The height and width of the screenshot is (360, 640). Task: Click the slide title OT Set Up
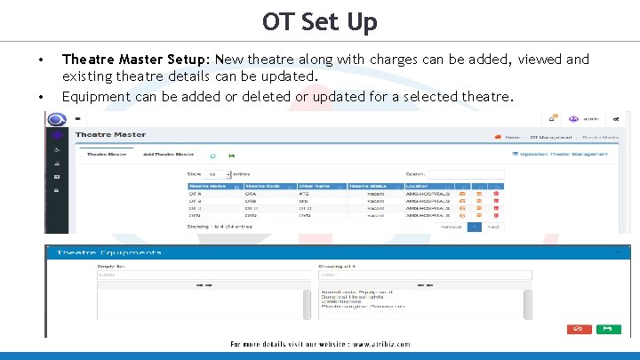click(320, 21)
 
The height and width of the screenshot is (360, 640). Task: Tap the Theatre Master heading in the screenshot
click(110, 134)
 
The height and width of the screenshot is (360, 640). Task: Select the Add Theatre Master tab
click(168, 155)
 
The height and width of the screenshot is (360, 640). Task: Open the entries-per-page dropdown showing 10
click(219, 174)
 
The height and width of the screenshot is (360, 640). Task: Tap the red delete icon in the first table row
click(496, 193)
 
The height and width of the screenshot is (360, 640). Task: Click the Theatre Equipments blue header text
click(109, 253)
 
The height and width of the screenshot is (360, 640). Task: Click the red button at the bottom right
click(578, 328)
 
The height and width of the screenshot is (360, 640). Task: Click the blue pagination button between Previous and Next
click(474, 227)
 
